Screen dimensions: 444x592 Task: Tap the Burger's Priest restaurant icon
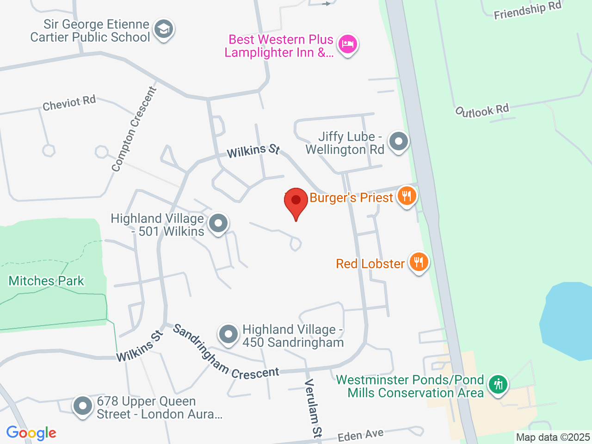[x=407, y=196]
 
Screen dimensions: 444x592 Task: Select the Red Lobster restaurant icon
[x=419, y=262]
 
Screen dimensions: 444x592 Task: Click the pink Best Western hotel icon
[x=347, y=44]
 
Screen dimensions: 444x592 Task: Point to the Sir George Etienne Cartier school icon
[x=163, y=30]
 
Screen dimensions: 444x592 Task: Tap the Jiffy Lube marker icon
[x=398, y=142]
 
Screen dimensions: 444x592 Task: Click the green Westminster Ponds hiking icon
[x=498, y=384]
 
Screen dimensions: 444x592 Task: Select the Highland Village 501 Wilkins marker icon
[x=218, y=223]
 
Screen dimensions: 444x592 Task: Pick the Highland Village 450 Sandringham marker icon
[x=228, y=334]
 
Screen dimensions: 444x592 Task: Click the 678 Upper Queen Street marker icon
[x=83, y=406]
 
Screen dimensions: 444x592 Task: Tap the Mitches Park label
[x=46, y=281]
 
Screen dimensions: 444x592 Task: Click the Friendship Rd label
[x=527, y=11]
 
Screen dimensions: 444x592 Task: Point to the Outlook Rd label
[x=482, y=111]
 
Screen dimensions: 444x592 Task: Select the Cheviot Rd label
[x=69, y=103]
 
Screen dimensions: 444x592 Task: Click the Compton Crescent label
[x=134, y=129]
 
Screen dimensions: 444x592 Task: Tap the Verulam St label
[x=313, y=408]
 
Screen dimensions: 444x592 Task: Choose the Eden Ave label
[x=361, y=435]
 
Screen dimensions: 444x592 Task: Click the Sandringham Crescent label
[x=225, y=355]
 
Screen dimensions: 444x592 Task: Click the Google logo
[x=31, y=433]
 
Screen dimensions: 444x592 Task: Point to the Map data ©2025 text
[x=553, y=437]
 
